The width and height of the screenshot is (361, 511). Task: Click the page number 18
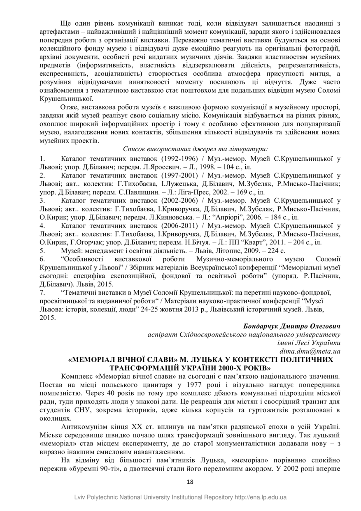pyautogui.click(x=190, y=482)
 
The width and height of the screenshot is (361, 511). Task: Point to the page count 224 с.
pyautogui.click(x=275, y=250)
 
